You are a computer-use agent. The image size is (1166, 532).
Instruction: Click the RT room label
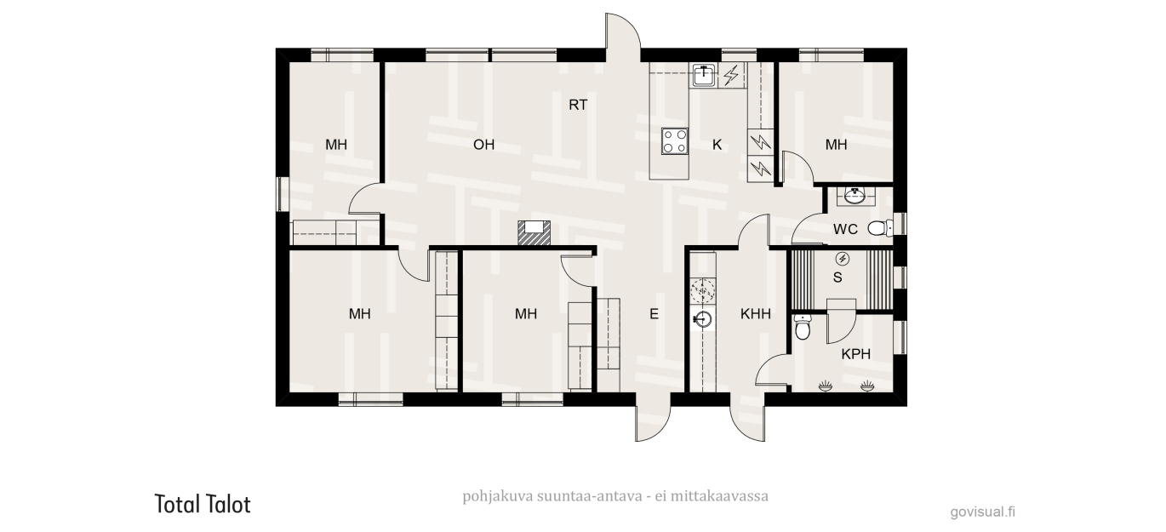(x=578, y=105)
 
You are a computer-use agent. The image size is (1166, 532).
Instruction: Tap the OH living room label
(x=483, y=145)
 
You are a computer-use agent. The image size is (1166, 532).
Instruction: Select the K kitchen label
(x=717, y=145)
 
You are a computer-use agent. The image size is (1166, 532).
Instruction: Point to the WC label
(x=845, y=229)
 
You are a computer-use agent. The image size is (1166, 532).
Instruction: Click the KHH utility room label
(x=755, y=313)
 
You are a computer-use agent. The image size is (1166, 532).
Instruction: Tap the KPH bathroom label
(x=855, y=354)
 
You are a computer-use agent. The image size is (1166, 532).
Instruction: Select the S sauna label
(x=837, y=277)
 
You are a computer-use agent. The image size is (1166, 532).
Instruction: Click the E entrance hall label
(x=654, y=313)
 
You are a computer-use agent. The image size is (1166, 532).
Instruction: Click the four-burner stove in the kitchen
(x=675, y=141)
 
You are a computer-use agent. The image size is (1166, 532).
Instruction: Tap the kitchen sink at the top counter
(x=705, y=75)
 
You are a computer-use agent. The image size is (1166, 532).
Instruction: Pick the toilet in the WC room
(x=880, y=228)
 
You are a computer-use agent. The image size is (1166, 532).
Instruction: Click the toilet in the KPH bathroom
(x=803, y=328)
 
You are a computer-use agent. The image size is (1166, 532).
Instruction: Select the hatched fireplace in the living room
(x=534, y=232)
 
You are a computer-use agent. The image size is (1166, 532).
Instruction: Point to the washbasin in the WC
(x=855, y=196)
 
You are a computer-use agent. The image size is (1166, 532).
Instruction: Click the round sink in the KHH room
(x=702, y=318)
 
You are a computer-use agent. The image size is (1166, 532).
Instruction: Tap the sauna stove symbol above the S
(x=842, y=259)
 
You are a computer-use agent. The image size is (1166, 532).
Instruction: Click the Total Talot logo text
(x=203, y=505)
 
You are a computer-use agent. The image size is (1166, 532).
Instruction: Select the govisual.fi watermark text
(x=983, y=512)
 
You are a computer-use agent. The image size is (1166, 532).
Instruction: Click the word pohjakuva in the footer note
(x=498, y=496)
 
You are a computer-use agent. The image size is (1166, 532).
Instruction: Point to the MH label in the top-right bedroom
(x=836, y=145)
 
